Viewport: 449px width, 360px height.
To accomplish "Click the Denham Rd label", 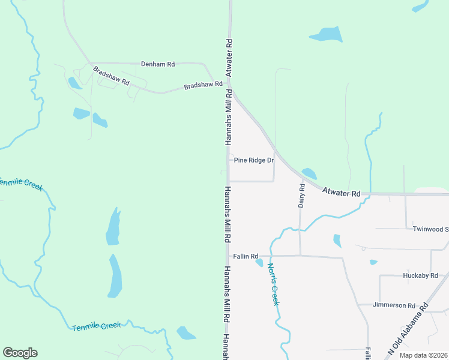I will click(x=158, y=64).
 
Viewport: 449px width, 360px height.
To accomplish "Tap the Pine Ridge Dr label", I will click(x=254, y=160).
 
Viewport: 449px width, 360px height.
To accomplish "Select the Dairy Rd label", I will click(x=302, y=196).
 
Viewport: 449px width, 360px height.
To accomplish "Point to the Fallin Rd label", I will click(x=246, y=256).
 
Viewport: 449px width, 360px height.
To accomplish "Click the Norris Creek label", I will click(x=274, y=284).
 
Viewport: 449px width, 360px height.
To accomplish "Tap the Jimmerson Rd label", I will click(x=394, y=305).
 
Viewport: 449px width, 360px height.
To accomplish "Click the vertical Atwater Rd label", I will click(x=229, y=58).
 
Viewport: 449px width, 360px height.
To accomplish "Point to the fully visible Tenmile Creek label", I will click(x=96, y=326).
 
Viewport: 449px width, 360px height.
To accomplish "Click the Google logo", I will click(x=20, y=353).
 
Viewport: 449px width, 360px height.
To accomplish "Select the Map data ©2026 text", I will click(x=423, y=355).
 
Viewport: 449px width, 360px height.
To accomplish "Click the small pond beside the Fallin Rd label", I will click(x=259, y=262).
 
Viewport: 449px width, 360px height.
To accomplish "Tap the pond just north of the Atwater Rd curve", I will click(x=309, y=174).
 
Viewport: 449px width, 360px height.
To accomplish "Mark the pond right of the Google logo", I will click(x=186, y=333).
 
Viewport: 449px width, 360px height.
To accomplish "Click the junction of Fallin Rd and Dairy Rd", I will click(x=300, y=256).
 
